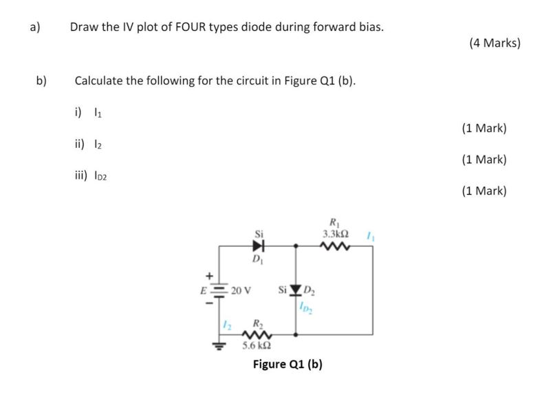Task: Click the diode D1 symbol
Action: coord(259,244)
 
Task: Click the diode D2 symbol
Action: coord(296,288)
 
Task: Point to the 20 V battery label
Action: coord(241,289)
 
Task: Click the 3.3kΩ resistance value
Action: coord(336,233)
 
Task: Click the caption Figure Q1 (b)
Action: coord(287,364)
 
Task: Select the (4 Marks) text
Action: coord(494,43)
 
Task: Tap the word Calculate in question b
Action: coord(98,80)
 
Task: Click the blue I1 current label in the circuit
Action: coord(369,235)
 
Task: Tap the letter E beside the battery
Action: coord(203,289)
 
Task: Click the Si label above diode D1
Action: coord(259,232)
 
